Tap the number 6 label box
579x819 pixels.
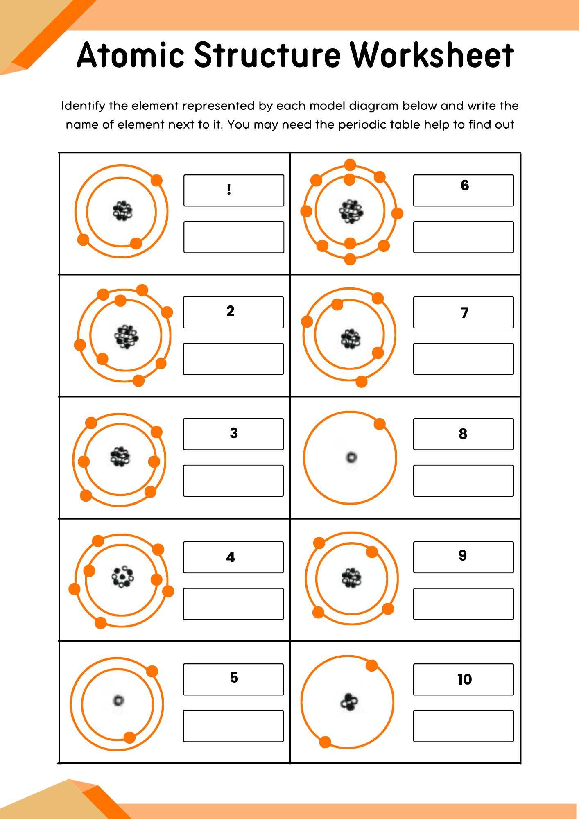(463, 190)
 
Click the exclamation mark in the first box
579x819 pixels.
(229, 190)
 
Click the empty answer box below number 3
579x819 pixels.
(233, 480)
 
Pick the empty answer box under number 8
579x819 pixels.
(463, 480)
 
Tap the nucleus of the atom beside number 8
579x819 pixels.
(351, 457)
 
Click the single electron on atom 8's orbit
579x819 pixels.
(380, 424)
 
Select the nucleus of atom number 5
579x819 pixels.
(118, 700)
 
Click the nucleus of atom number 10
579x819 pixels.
(349, 702)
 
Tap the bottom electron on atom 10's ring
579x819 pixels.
(325, 742)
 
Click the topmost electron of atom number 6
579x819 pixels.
(350, 165)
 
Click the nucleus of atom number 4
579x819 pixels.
(122, 577)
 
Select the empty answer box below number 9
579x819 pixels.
(463, 604)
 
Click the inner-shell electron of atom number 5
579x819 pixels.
(129, 738)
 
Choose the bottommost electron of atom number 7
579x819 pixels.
(362, 382)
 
